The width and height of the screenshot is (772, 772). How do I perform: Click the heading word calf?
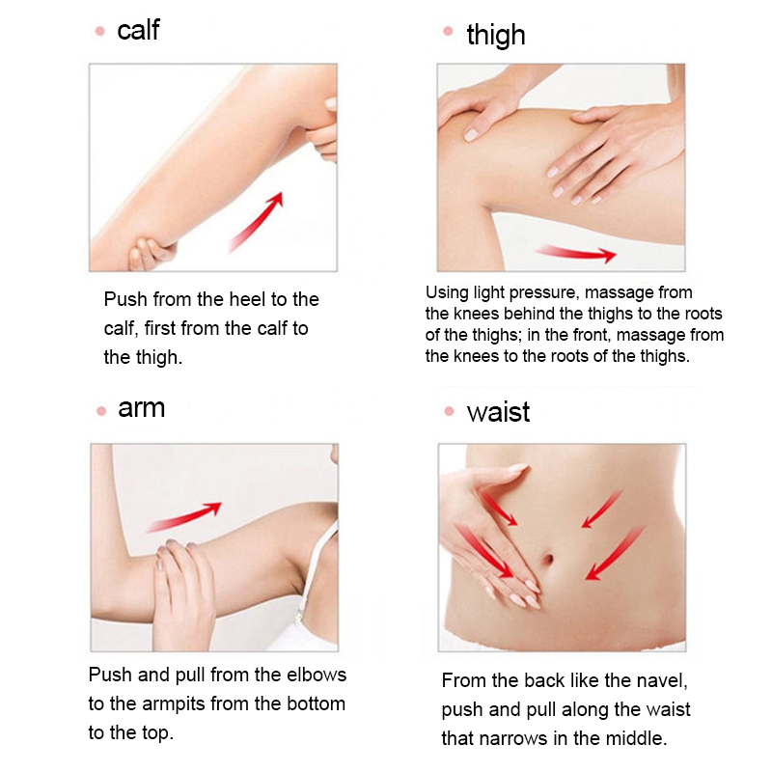[138, 30]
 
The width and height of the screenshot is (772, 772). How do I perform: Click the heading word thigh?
[496, 36]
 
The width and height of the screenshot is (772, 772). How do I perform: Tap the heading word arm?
[141, 408]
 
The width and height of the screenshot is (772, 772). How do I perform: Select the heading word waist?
[498, 412]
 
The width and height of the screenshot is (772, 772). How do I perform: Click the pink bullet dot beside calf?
[100, 31]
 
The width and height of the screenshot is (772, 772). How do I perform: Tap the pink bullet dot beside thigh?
[448, 31]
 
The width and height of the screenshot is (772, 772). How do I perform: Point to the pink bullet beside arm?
[101, 411]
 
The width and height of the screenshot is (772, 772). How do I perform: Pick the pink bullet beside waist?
[449, 411]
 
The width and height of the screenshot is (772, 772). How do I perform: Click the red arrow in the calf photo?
[257, 222]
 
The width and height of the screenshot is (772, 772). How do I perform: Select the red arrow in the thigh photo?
[576, 253]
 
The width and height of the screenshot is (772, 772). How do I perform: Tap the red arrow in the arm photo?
[184, 516]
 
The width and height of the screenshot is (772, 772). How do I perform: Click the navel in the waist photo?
[548, 560]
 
